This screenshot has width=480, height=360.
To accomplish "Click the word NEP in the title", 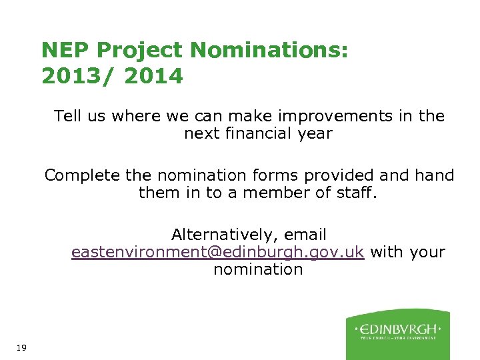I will pyautogui.click(x=65, y=50).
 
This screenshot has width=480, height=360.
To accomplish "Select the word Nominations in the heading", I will pyautogui.click(x=268, y=50).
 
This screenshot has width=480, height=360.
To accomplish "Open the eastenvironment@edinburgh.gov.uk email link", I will pyautogui.click(x=217, y=253).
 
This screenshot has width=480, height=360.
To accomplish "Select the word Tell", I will pyautogui.click(x=67, y=116).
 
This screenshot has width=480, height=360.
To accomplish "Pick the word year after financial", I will pyautogui.click(x=315, y=133).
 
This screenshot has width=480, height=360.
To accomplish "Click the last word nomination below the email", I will pyautogui.click(x=258, y=269).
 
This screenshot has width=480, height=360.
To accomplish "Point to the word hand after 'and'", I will pyautogui.click(x=435, y=175).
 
